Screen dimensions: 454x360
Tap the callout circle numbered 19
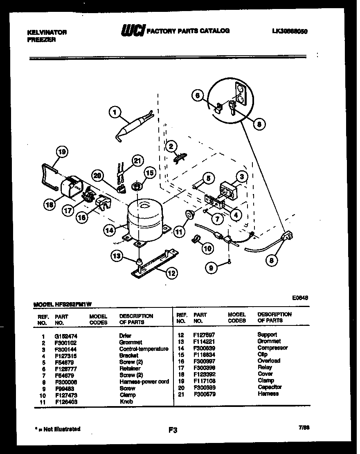point(62,152)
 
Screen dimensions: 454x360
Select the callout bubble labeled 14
point(109,230)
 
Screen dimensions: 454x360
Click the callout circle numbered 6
point(198,95)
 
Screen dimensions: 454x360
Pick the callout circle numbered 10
point(208,248)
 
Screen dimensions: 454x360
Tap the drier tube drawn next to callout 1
point(132,127)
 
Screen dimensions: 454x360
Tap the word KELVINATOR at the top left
point(47,32)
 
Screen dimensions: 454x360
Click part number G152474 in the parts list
point(66,336)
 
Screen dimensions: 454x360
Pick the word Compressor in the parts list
point(272,348)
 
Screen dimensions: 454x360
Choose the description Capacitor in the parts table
point(270,387)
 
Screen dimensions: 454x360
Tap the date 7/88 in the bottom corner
point(304,427)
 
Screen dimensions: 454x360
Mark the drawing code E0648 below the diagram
point(299,298)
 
